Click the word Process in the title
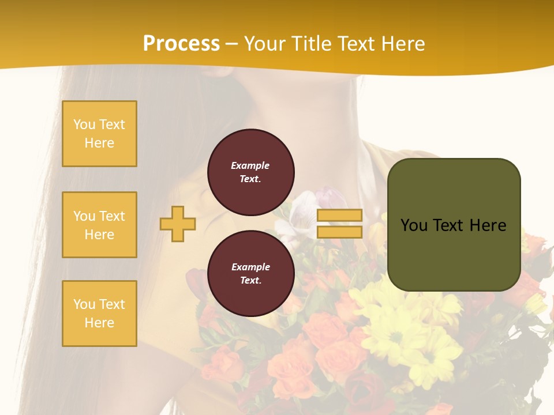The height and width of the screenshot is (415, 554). [x=181, y=44]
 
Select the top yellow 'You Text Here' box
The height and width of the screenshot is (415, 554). [x=99, y=134]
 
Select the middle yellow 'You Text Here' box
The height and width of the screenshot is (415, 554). [x=99, y=225]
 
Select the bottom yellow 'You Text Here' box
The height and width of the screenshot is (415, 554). [x=99, y=314]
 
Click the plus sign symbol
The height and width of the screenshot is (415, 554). [x=178, y=224]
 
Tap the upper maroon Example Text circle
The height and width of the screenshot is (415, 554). [x=250, y=172]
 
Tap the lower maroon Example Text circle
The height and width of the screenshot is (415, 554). [x=250, y=273]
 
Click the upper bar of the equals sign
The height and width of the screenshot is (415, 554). [x=339, y=216]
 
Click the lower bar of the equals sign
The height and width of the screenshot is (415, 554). [x=339, y=232]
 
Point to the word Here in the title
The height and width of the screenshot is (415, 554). [x=401, y=44]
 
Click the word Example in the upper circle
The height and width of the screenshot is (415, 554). [x=250, y=165]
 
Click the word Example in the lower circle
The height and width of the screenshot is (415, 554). [x=250, y=267]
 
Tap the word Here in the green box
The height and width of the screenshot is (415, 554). [x=488, y=225]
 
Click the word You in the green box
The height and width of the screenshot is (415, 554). [x=414, y=225]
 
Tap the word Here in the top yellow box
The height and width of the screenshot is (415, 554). [x=99, y=143]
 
